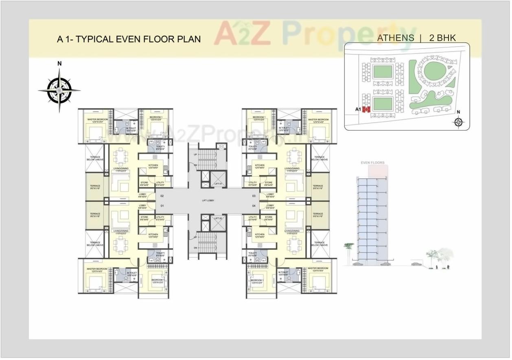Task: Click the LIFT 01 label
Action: tap(218, 184)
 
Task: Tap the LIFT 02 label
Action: tap(218, 218)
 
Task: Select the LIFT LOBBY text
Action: tap(208, 201)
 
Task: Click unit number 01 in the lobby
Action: tap(162, 206)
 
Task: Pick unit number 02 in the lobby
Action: tap(162, 196)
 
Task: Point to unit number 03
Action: tap(254, 196)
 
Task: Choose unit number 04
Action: tap(254, 206)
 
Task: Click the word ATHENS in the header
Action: tap(396, 38)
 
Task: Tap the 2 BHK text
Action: tap(442, 38)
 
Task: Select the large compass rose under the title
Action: tap(59, 90)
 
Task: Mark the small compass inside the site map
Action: tap(459, 122)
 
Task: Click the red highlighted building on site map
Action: tap(366, 109)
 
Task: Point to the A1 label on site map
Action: tap(358, 109)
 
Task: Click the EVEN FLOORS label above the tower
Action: tap(372, 163)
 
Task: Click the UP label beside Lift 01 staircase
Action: tap(196, 155)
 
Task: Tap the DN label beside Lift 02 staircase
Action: tap(196, 248)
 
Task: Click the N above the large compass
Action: tap(59, 63)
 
